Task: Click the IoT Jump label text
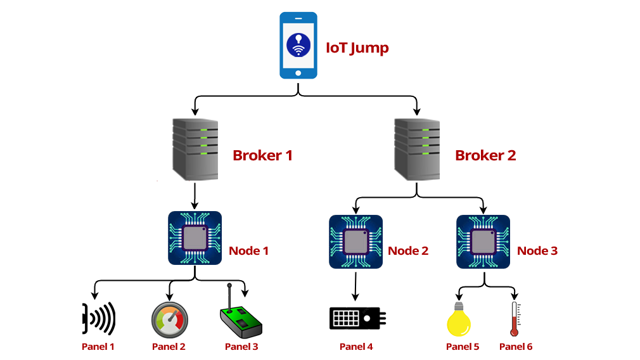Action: coord(357,48)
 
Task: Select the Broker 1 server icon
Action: coord(196,150)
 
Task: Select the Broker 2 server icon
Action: coord(417,150)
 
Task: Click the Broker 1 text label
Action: coord(262,155)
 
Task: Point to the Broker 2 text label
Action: coord(485,155)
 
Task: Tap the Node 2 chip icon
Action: coord(355,241)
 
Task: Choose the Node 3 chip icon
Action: coord(483,241)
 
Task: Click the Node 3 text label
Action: coord(537,251)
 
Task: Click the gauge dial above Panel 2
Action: coord(169,318)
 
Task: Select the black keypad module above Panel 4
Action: coord(357,318)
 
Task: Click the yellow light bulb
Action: coord(459,319)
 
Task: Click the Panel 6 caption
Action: coord(516,347)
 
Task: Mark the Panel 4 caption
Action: coord(356,347)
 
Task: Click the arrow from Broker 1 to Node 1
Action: coord(195,196)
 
